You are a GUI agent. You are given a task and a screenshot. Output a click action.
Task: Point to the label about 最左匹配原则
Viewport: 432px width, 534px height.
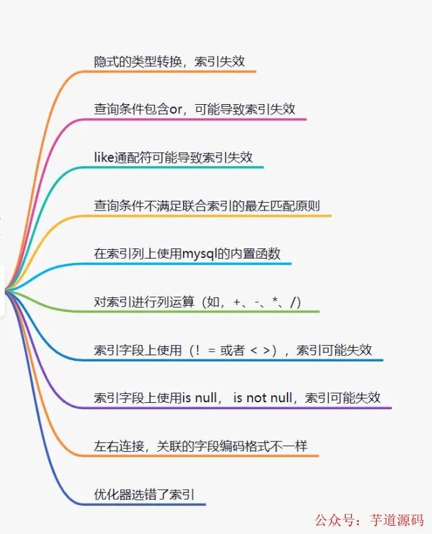[x=207, y=205]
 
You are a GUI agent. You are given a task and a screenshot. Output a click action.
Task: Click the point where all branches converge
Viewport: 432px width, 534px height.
[x=6, y=291]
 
